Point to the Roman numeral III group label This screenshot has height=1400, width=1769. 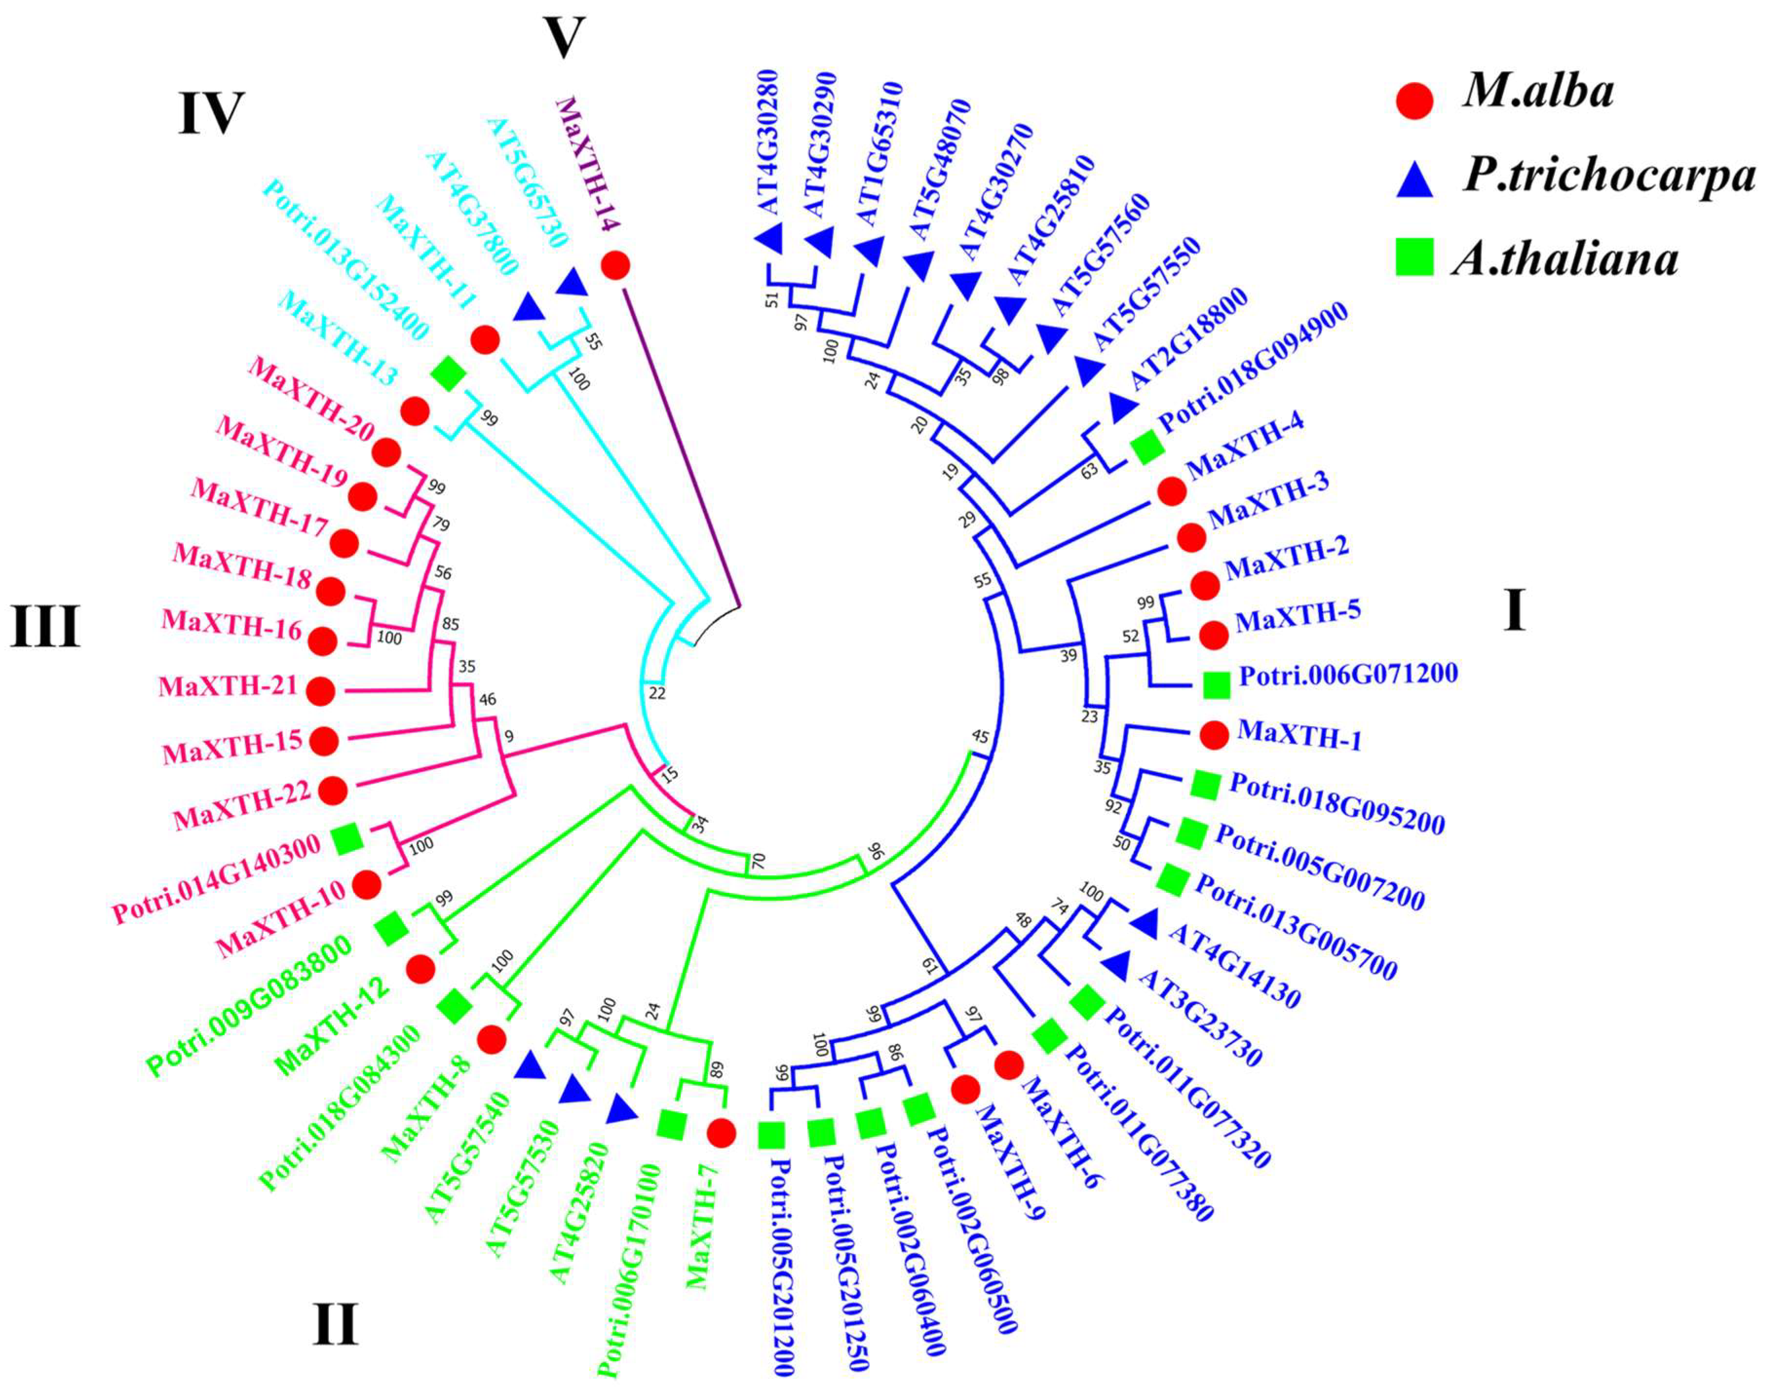(45, 627)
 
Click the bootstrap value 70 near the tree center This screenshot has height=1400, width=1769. (758, 861)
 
